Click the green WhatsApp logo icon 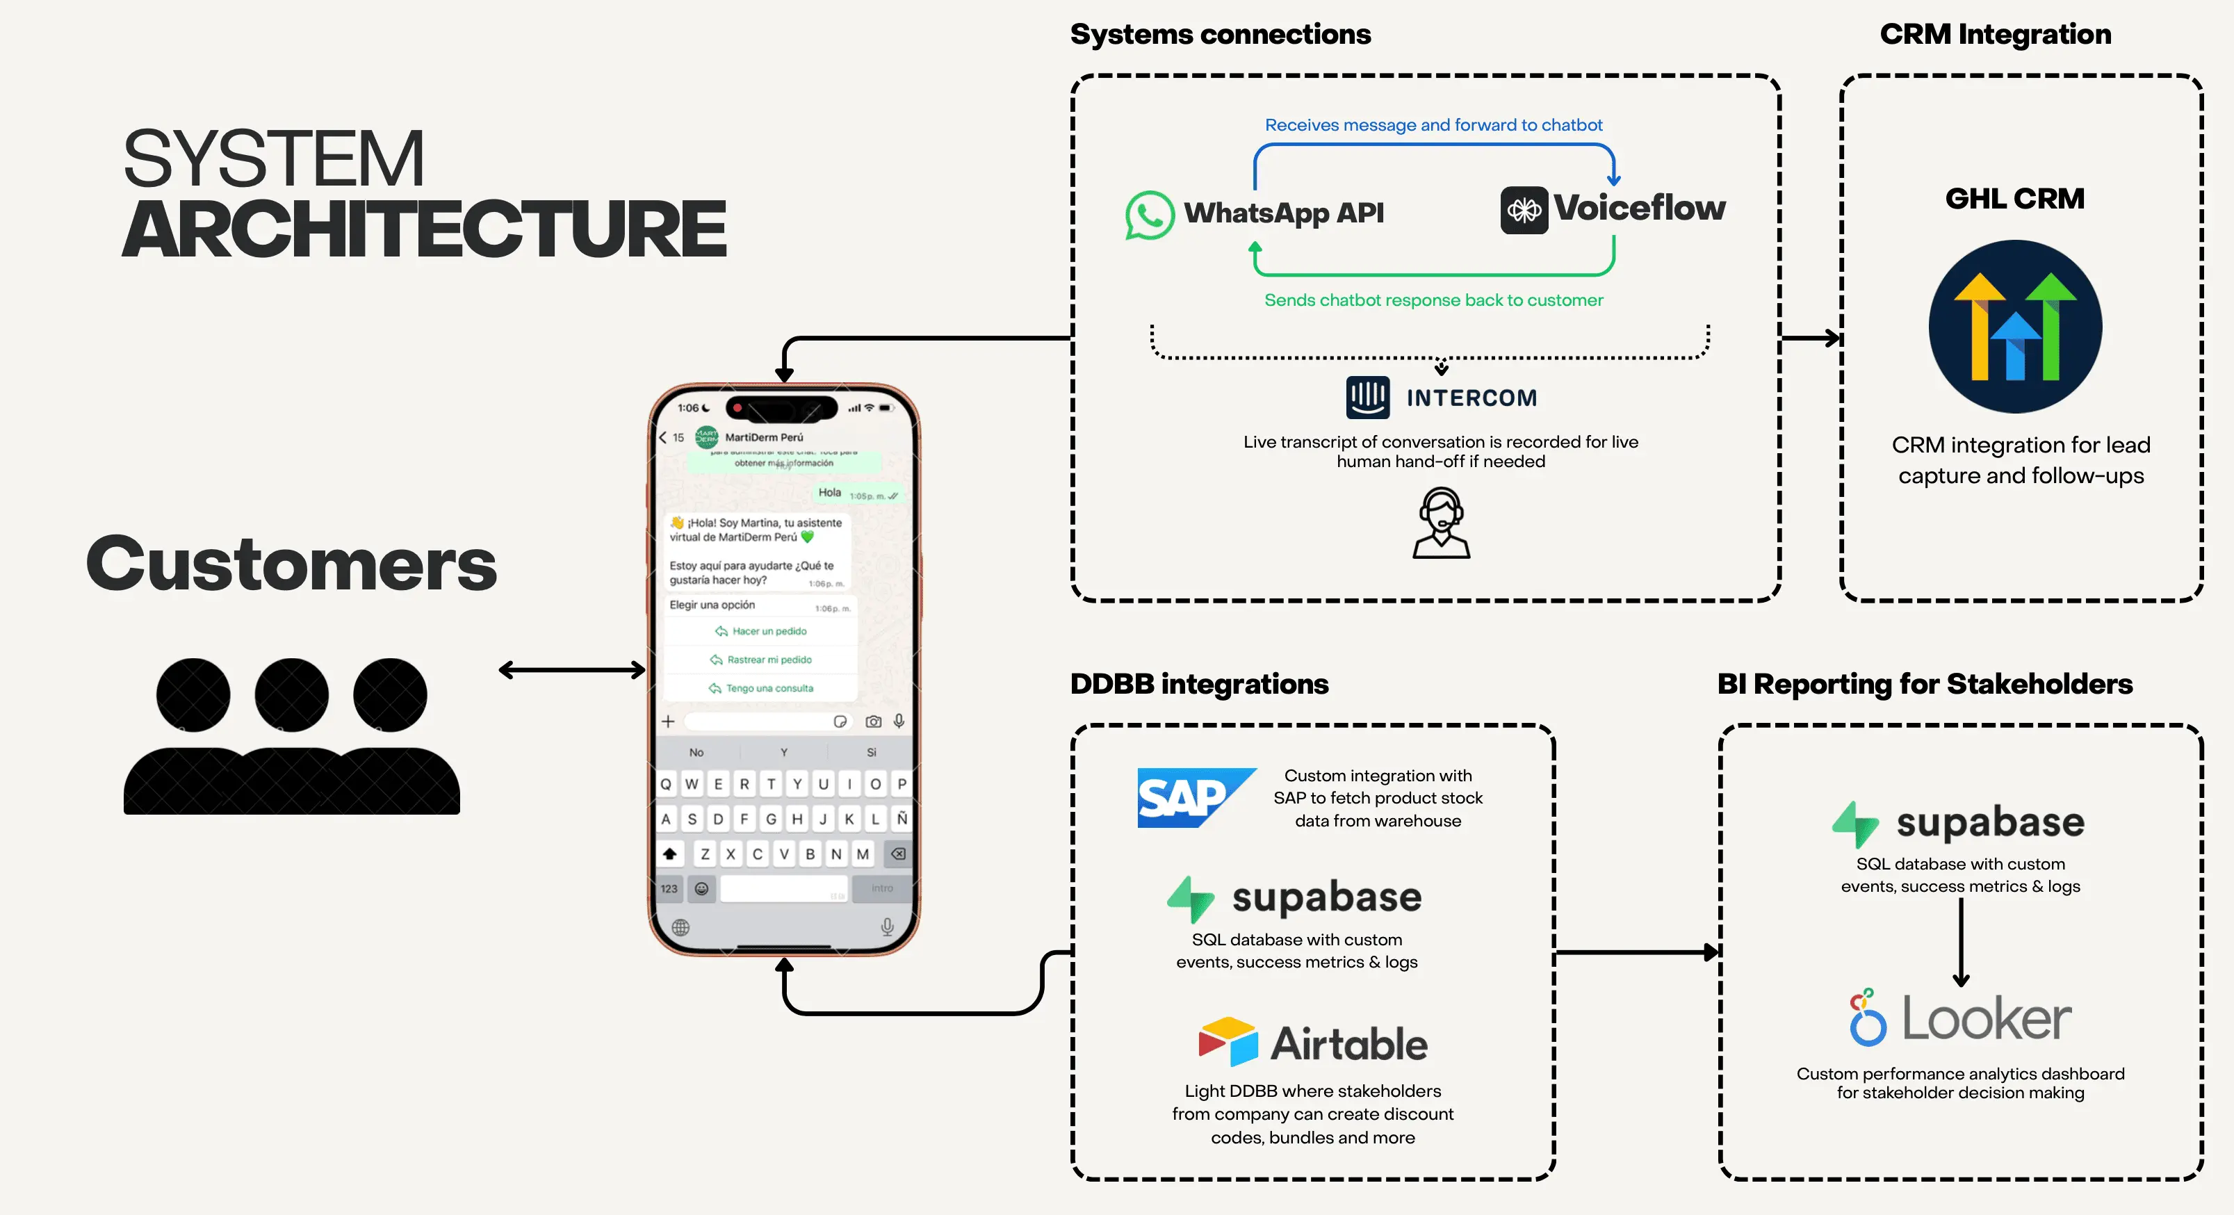1149,214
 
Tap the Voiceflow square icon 1524,210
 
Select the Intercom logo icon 1368,397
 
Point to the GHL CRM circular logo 2014,327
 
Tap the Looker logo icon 1868,1018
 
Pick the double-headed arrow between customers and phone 571,669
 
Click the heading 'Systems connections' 1219,34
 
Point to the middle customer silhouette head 291,694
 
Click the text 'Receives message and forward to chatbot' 1433,125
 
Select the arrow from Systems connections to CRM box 1810,339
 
